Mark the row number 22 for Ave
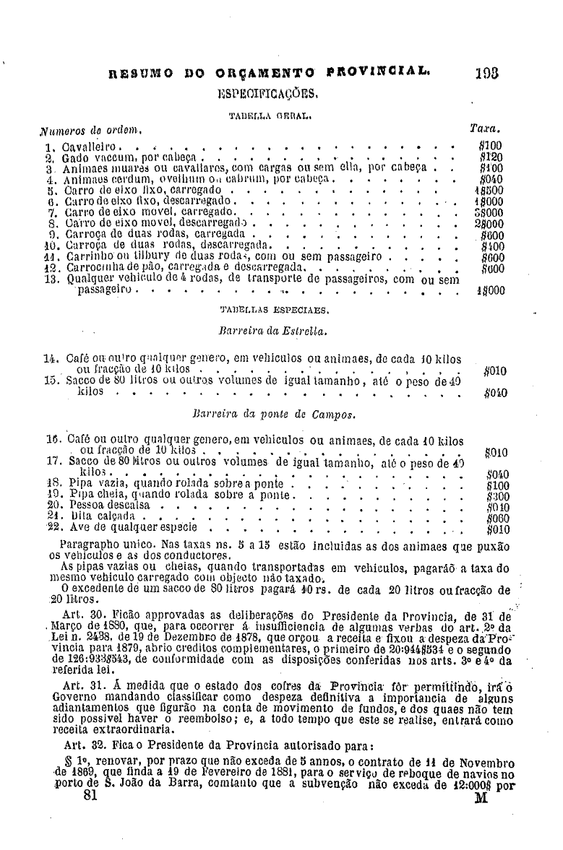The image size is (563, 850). [51, 526]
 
